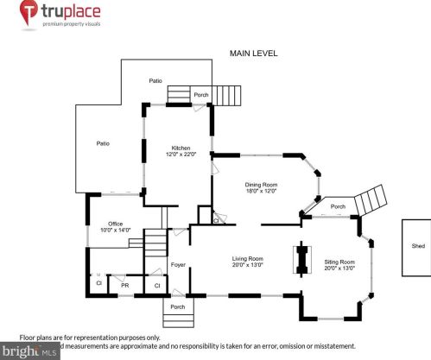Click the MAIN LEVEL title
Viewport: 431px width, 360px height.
point(253,54)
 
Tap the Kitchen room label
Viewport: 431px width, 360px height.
point(181,148)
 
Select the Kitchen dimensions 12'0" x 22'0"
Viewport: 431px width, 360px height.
point(181,155)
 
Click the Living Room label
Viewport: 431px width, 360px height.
point(247,258)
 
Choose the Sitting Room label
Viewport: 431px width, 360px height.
point(339,262)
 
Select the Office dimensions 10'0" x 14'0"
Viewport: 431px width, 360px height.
point(114,231)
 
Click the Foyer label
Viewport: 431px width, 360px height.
point(178,264)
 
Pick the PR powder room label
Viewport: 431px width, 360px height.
point(125,284)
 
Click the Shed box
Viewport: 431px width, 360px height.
point(417,246)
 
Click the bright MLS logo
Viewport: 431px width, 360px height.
point(30,351)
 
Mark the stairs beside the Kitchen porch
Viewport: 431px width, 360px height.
point(229,92)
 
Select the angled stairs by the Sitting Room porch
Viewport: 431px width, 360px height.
point(371,200)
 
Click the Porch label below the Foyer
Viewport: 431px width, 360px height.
point(177,306)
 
